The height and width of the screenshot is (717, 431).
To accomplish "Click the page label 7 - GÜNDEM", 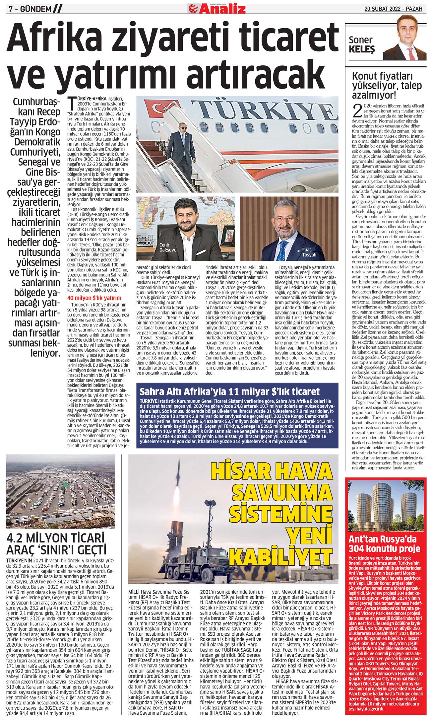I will coord(30,9).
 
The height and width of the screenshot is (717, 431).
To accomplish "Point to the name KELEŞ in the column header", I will coord(362,50).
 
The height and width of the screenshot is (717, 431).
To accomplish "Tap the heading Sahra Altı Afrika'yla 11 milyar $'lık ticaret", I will coord(229,391).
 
